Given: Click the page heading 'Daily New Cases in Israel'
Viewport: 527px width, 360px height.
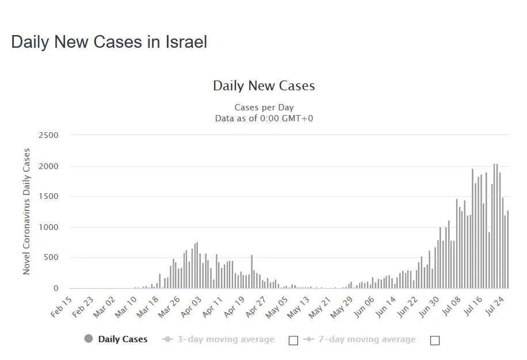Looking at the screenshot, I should click(x=109, y=42).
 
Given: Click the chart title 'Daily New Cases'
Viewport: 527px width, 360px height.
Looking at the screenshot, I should click(x=263, y=86).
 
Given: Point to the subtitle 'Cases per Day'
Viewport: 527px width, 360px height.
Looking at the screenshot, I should click(x=263, y=108).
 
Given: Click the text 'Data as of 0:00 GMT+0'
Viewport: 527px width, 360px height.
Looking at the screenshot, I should click(x=263, y=118).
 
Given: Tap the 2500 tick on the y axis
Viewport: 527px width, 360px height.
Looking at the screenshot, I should click(x=49, y=135).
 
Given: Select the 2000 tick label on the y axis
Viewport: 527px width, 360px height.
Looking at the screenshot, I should click(x=49, y=166).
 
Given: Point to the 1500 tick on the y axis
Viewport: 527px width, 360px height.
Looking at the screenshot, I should click(x=49, y=197).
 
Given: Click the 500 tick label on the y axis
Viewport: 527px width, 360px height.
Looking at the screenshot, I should click(x=52, y=258).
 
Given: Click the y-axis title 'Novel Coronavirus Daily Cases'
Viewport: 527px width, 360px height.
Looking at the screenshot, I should click(x=26, y=212).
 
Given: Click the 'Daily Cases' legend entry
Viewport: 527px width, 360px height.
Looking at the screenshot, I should click(x=123, y=339).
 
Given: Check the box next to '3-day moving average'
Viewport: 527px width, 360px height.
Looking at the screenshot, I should click(x=293, y=340).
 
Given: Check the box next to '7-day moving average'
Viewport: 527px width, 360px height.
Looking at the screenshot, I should click(x=434, y=340).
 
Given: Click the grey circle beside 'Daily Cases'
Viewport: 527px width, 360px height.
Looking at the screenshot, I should click(x=89, y=339).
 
